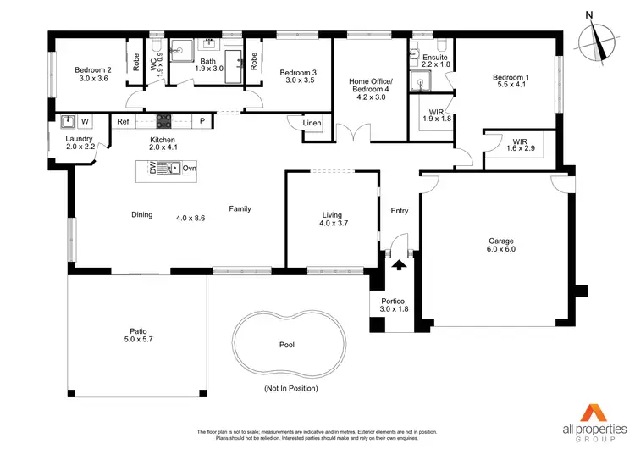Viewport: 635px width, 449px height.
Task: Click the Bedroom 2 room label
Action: pos(92,70)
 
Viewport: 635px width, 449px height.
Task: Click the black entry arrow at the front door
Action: pos(397,264)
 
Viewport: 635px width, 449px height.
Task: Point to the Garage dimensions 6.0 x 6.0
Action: pos(500,249)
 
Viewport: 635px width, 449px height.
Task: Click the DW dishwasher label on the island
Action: pos(152,169)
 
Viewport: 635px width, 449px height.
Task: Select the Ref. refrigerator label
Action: pos(124,122)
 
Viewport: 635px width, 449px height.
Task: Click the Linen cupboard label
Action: pos(312,125)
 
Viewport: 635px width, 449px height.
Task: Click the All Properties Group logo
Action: pos(589,416)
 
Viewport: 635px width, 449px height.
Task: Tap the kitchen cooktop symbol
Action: pos(163,121)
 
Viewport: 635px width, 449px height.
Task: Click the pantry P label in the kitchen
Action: pos(202,122)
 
